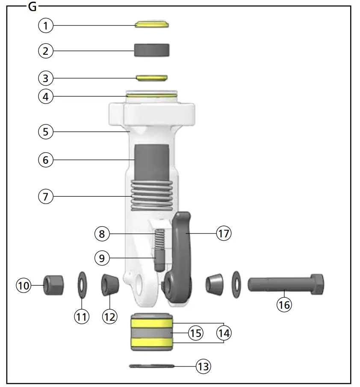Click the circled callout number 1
pyautogui.click(x=46, y=25)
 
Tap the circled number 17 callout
pyautogui.click(x=224, y=233)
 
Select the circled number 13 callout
pyautogui.click(x=204, y=366)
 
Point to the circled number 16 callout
pyautogui.click(x=284, y=305)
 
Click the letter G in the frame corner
pyautogui.click(x=32, y=7)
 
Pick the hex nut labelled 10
pyautogui.click(x=53, y=285)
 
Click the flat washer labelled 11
pyautogui.click(x=82, y=285)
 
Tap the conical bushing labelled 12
pyautogui.click(x=110, y=284)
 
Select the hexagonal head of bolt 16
pyautogui.click(x=317, y=284)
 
